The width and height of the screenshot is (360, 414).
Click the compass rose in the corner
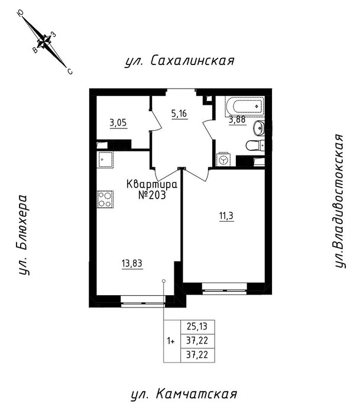pos(45,42)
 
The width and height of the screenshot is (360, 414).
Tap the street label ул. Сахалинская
pos(180,62)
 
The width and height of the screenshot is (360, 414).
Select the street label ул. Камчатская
pos(184,394)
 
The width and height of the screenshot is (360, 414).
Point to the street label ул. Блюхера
pos(24,235)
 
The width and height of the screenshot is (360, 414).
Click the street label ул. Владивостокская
pos(340,201)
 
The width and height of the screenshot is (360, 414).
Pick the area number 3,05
pos(118,123)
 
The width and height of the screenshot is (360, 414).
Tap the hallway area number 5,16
pos(179,114)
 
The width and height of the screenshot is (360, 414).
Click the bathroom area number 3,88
pos(237,120)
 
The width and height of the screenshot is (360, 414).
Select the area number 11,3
pos(226,216)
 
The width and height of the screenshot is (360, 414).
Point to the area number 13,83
pos(132,263)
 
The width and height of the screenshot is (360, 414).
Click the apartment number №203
pos(152,195)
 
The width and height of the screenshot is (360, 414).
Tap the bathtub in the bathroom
pos(245,106)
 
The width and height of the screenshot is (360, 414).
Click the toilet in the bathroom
pos(255,145)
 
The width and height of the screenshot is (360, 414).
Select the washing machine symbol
pos(223,159)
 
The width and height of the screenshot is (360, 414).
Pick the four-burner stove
pos(105,199)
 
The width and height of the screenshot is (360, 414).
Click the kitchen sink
pos(105,160)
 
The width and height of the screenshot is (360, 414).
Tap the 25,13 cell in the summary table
pos(197,327)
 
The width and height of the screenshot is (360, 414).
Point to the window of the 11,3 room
pos(225,289)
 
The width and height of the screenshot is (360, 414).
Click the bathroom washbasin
pos(259,128)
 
